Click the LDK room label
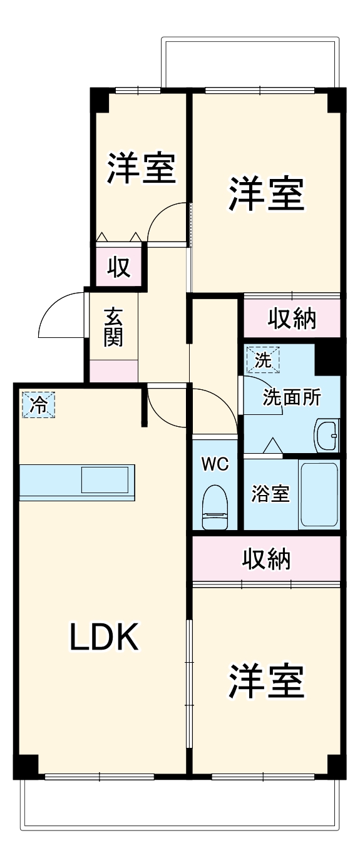[x=103, y=637]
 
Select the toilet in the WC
[x=215, y=507]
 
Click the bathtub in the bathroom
[x=319, y=494]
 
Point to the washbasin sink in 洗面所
[x=326, y=433]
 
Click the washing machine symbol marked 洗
[x=263, y=360]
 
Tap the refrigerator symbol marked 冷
[x=39, y=404]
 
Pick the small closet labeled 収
[x=118, y=267]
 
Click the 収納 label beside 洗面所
[x=292, y=319]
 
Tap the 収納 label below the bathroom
[x=267, y=558]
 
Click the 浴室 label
[x=270, y=494]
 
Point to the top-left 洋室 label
[x=141, y=169]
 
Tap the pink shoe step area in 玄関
[x=113, y=371]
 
